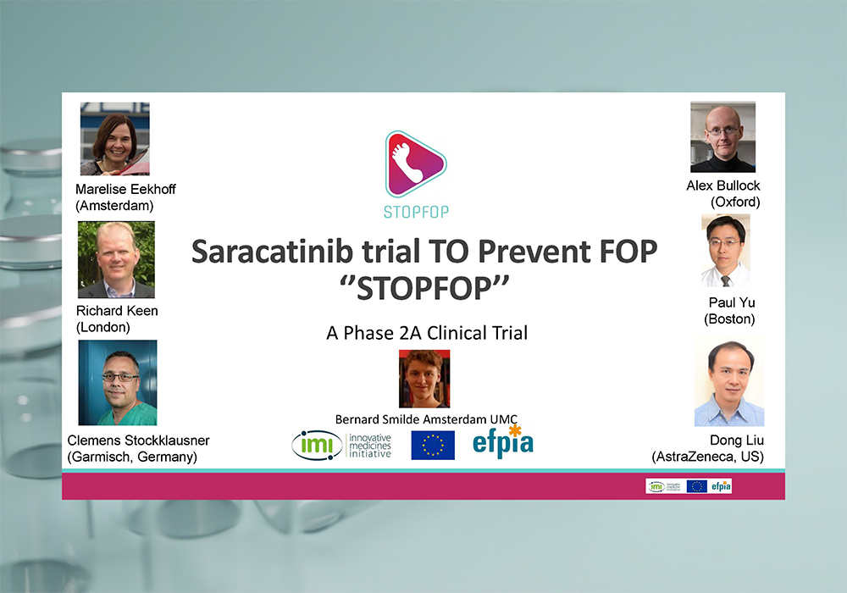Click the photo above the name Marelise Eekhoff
115,139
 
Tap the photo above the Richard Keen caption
116,260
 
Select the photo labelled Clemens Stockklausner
118,382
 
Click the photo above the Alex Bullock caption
722,137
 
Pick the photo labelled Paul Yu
726,251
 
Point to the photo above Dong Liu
729,381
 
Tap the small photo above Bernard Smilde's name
424,379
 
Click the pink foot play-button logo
415,164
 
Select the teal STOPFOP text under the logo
416,213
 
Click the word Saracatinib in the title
272,252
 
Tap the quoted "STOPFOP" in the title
424,288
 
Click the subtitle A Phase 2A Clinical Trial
427,333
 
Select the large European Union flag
433,445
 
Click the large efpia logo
503,441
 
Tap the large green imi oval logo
317,445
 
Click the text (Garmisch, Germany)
132,457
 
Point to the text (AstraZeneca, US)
707,457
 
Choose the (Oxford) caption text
735,202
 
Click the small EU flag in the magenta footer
697,486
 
